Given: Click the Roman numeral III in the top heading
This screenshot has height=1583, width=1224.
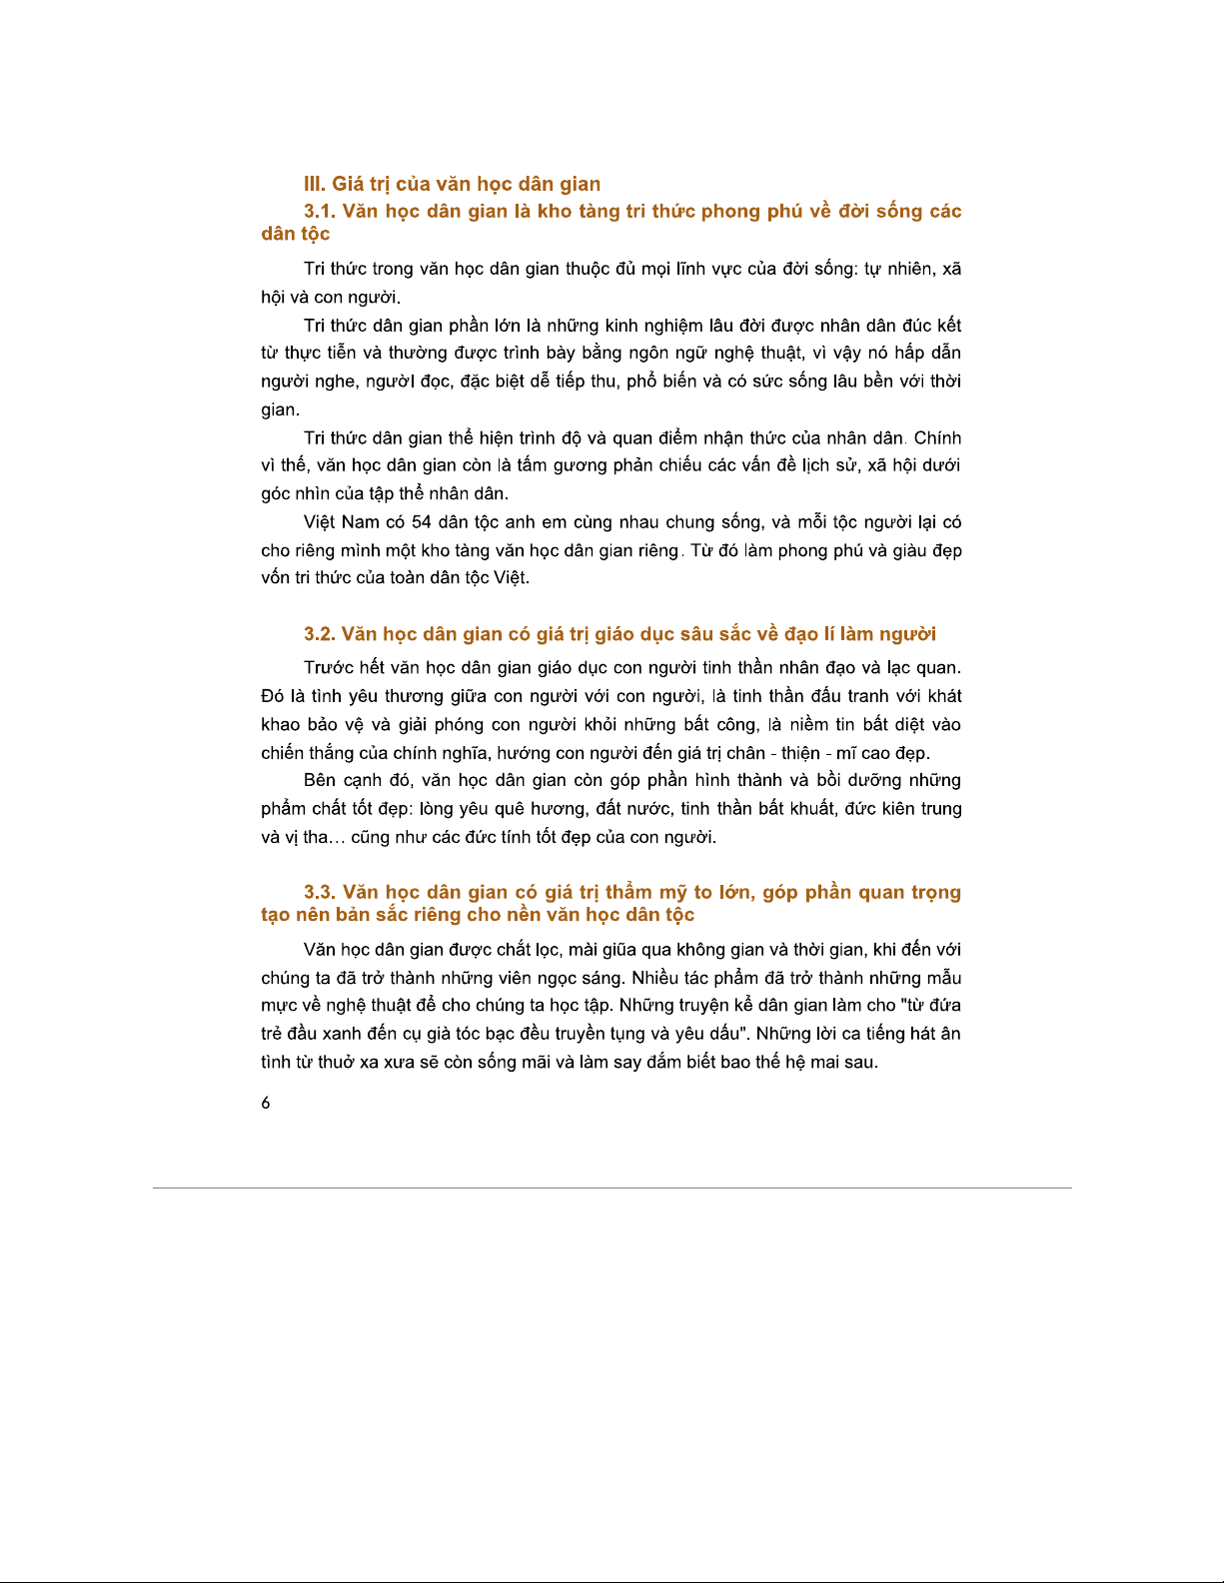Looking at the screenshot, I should (x=314, y=184).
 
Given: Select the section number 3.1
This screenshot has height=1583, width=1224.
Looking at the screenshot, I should (x=320, y=211).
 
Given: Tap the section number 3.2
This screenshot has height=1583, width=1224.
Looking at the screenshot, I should (x=320, y=634).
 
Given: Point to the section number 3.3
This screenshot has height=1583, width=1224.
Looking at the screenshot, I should (x=320, y=892).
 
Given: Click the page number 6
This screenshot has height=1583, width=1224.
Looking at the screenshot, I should (x=266, y=1104).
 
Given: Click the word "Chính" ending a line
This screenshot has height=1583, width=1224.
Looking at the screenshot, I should (x=937, y=438).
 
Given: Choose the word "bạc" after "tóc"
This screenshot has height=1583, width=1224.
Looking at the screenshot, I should (x=503, y=1034).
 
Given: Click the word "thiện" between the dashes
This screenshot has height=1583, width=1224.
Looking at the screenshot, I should (x=800, y=753).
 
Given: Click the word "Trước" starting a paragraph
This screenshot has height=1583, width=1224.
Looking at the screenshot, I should (x=329, y=668).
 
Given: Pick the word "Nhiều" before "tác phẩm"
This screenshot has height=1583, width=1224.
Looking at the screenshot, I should (x=654, y=978).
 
